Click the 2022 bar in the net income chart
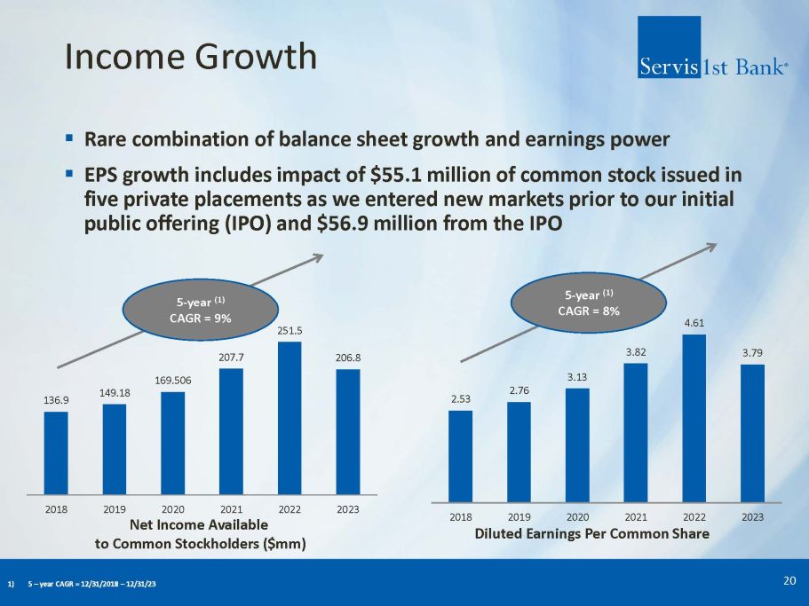pos(289,418)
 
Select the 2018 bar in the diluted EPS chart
pos(460,456)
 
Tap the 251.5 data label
pos(289,331)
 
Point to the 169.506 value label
pos(173,381)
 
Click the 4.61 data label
pos(694,323)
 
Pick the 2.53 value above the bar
pos(461,399)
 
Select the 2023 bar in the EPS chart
pos(753,433)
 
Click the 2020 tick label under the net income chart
pos(173,509)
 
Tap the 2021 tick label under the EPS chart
pos(636,517)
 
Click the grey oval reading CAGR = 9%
pos(200,310)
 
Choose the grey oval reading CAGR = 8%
pos(588,303)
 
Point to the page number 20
pos(789,581)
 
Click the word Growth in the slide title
pos(256,56)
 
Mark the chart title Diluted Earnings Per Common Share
pos(591,534)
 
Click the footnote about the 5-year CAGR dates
pos(82,584)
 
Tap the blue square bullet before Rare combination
pos(69,138)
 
